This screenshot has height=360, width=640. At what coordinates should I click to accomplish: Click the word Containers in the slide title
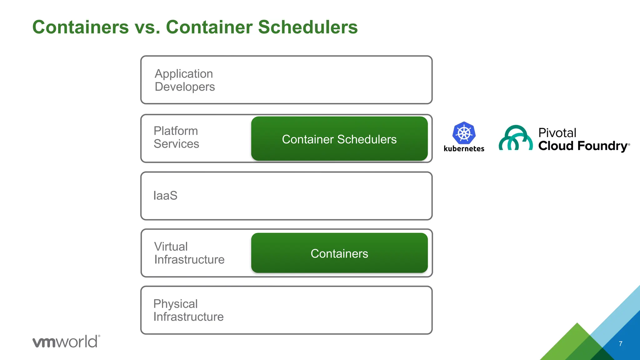click(80, 27)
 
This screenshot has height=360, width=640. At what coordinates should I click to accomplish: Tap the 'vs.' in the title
click(147, 27)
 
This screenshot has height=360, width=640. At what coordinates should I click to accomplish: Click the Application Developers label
click(184, 80)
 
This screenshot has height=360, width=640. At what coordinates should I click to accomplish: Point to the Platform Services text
click(176, 137)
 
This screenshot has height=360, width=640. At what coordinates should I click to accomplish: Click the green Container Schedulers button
click(339, 139)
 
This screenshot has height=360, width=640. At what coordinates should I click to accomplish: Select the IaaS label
click(165, 196)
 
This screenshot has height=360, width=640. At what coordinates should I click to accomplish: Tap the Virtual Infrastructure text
click(189, 253)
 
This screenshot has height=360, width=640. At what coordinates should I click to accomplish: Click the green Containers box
click(339, 253)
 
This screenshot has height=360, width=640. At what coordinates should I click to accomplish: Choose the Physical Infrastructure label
click(188, 310)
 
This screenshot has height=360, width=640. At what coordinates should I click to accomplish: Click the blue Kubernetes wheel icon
click(464, 133)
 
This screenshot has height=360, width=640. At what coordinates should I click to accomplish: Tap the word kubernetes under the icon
click(464, 149)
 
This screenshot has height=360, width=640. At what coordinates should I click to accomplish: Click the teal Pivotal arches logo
click(515, 138)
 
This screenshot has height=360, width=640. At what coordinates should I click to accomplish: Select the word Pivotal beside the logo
click(557, 133)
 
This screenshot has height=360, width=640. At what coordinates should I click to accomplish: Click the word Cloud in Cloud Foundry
click(556, 146)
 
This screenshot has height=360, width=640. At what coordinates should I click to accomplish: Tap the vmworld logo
click(66, 341)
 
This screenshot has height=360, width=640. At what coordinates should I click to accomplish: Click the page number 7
click(620, 344)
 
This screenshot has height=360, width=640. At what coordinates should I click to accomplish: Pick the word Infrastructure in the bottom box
click(188, 317)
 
